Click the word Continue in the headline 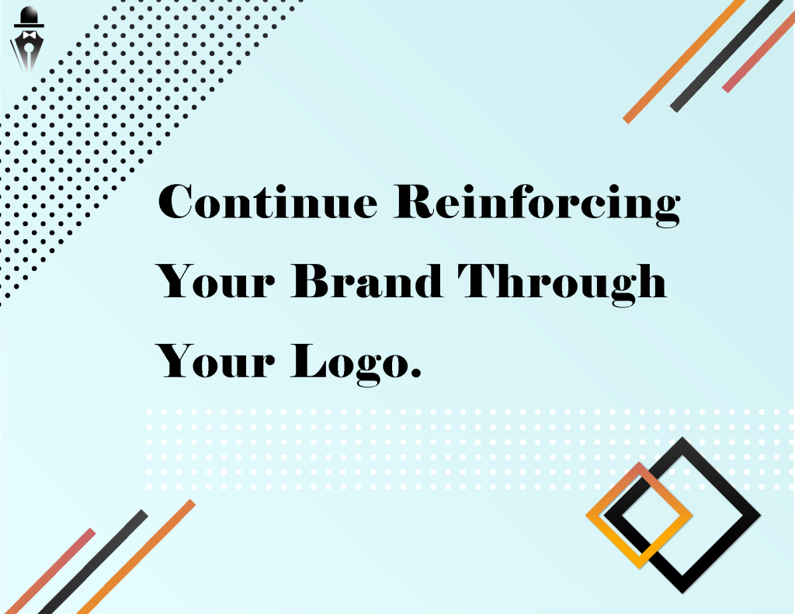[x=268, y=201]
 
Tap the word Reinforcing [x=537, y=205]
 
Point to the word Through [x=562, y=284]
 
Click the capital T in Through [x=481, y=280]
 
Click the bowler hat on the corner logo [x=29, y=17]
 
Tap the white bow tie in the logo [x=29, y=35]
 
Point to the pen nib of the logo [x=29, y=54]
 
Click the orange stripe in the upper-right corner [x=684, y=61]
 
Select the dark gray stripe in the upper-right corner [x=727, y=57]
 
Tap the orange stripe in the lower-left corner [x=136, y=557]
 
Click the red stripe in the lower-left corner [x=50, y=571]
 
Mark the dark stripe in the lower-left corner [x=93, y=562]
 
